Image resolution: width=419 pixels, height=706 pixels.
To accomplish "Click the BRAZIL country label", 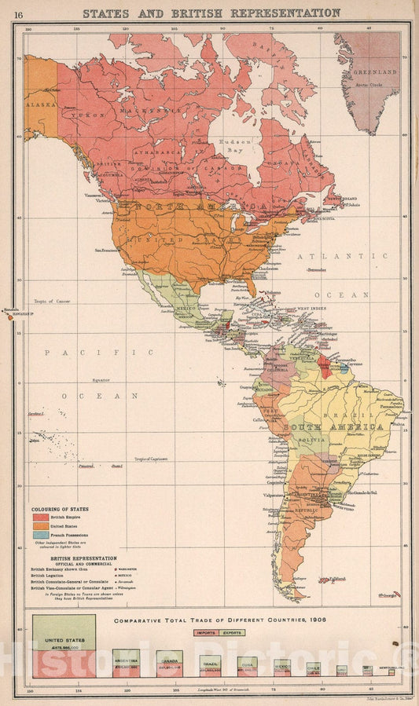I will coord(354,415).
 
